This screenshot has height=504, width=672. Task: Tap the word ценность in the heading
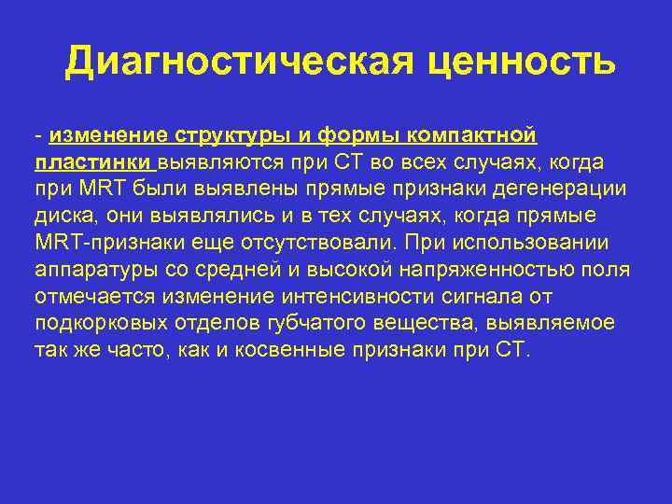click(520, 63)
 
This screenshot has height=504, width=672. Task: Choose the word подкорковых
click(102, 325)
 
